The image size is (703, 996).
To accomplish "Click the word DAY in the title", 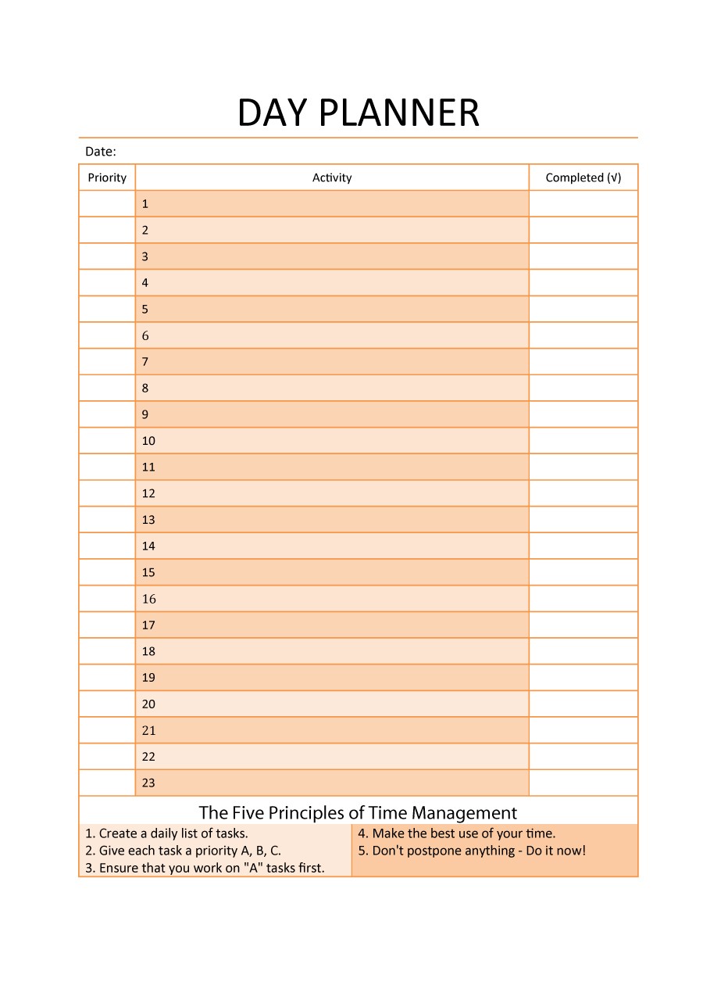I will (273, 113).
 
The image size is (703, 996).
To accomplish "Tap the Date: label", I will (101, 152).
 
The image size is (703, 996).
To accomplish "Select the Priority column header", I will (107, 177).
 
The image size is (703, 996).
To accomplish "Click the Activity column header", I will (332, 177).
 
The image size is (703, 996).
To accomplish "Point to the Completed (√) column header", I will (583, 177).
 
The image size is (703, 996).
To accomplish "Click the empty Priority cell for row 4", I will (107, 283).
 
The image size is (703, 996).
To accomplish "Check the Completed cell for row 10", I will (583, 441).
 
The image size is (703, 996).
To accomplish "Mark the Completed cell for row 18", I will (583, 651).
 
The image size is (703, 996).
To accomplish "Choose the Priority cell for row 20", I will (107, 704).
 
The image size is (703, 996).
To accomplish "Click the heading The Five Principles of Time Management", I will (358, 813).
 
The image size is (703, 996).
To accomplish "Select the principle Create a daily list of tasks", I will (167, 833).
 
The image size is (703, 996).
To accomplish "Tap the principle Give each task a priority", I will (184, 851).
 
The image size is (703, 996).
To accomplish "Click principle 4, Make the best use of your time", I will (457, 833).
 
